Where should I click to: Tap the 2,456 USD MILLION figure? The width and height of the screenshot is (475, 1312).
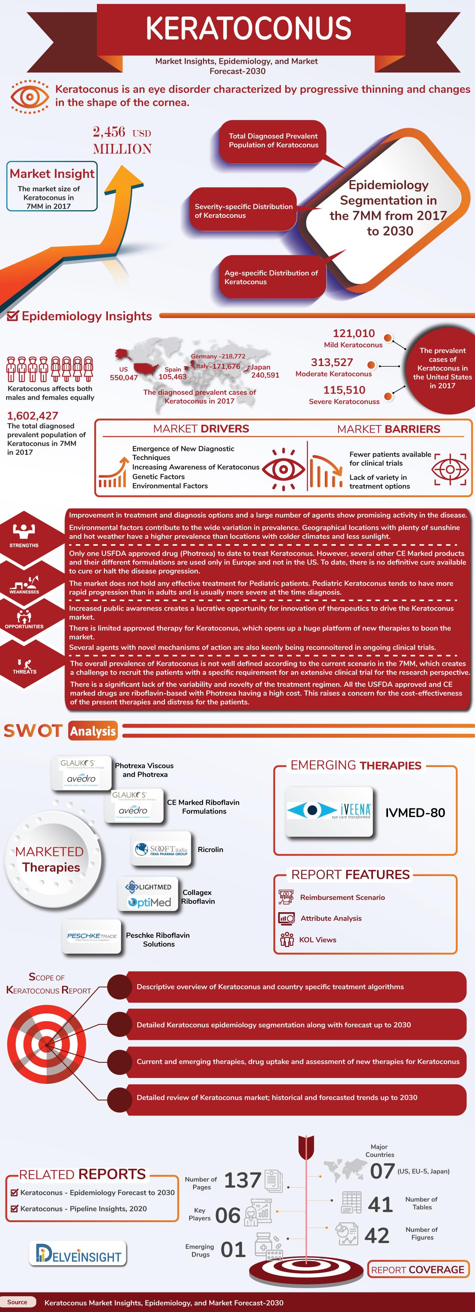pos(122,140)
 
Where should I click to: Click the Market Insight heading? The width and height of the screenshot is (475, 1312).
pos(52,174)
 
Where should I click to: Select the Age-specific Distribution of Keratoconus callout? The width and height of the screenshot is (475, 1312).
pos(271,277)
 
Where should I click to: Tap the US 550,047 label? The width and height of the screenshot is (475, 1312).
pos(124,373)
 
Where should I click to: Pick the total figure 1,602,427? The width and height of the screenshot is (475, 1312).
pos(33,416)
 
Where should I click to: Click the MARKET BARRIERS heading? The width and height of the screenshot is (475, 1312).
pos(388,429)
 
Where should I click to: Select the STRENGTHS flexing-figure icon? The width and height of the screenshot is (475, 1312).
pos(24,531)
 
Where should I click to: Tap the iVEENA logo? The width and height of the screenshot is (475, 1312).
pos(329,812)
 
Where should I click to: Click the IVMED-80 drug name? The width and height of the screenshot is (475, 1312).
pos(415,812)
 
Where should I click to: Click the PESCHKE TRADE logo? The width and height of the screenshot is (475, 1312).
pos(92,936)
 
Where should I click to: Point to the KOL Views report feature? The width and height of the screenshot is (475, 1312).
pos(318,940)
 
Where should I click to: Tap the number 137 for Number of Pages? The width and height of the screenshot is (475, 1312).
pos(243,1180)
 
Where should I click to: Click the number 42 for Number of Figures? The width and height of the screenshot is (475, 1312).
pos(377,1235)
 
